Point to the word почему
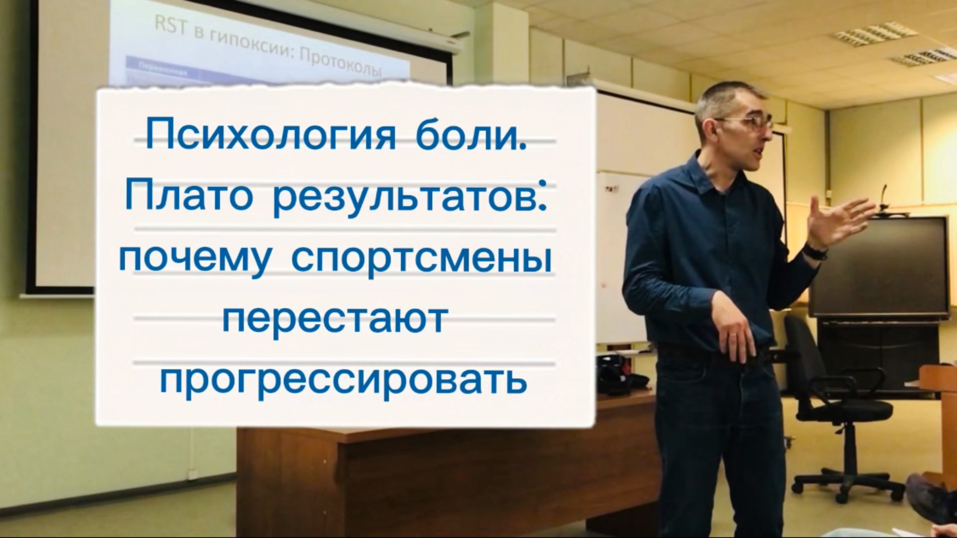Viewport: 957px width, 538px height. tap(195, 259)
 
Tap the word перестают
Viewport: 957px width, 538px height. tap(335, 320)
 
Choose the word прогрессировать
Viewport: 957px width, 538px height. tap(343, 382)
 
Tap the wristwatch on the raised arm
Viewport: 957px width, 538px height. tap(814, 251)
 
